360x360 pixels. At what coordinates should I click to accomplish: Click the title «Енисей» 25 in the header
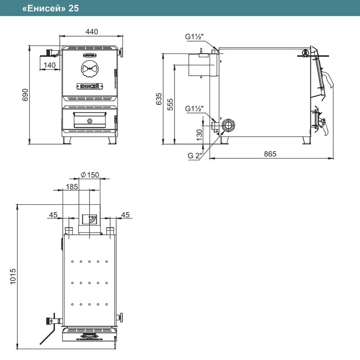(x=50, y=8)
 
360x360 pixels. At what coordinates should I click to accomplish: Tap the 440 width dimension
(x=92, y=31)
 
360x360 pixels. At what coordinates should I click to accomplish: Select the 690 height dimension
(x=25, y=94)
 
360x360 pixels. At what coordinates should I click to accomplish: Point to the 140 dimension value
(x=49, y=65)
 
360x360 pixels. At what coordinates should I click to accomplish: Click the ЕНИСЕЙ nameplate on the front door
(x=90, y=86)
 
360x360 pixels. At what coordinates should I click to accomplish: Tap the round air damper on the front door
(x=90, y=69)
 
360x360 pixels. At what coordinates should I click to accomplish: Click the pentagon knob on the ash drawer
(x=90, y=121)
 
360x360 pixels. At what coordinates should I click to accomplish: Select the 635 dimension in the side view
(x=159, y=99)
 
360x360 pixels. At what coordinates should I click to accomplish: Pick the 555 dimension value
(x=170, y=104)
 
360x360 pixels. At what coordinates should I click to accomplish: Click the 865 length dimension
(x=270, y=154)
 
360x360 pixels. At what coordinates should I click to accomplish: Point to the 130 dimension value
(x=199, y=135)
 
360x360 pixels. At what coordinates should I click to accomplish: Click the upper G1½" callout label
(x=194, y=36)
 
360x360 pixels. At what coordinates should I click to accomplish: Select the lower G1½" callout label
(x=194, y=108)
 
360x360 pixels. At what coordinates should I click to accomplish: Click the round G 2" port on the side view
(x=228, y=126)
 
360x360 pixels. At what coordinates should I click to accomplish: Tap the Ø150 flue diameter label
(x=90, y=175)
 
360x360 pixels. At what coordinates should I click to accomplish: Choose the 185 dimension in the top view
(x=72, y=187)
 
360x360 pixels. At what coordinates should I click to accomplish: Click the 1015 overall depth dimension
(x=13, y=276)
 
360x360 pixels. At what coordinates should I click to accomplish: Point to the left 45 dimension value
(x=53, y=215)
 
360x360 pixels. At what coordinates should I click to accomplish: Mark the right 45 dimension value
(x=126, y=215)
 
